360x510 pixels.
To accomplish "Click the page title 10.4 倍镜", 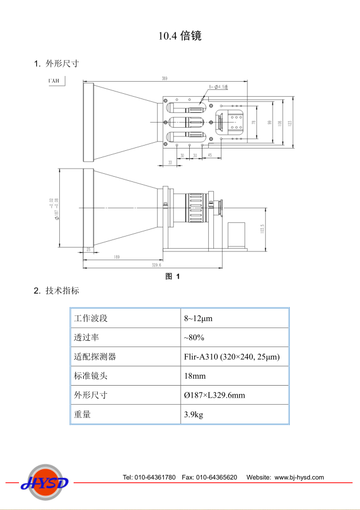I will pyautogui.click(x=180, y=36).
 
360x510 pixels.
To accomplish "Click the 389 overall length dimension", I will pyautogui.click(x=164, y=78).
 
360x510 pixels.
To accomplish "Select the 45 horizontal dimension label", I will pyautogui.click(x=210, y=155).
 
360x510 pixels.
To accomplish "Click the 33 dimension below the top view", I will pyautogui.click(x=170, y=163).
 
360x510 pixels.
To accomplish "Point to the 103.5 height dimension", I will pyautogui.click(x=262, y=229).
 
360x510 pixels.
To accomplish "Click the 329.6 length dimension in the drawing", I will pyautogui.click(x=156, y=265).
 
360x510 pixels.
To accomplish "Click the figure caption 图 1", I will pyautogui.click(x=173, y=276).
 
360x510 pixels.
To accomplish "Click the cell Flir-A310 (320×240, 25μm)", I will pyautogui.click(x=232, y=357).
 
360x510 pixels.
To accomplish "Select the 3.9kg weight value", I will pyautogui.click(x=194, y=414).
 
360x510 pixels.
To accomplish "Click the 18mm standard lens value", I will pyautogui.click(x=195, y=376).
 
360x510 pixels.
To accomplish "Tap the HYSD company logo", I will pyautogui.click(x=45, y=482).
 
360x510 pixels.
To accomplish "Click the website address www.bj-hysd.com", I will pyautogui.click(x=299, y=477).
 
